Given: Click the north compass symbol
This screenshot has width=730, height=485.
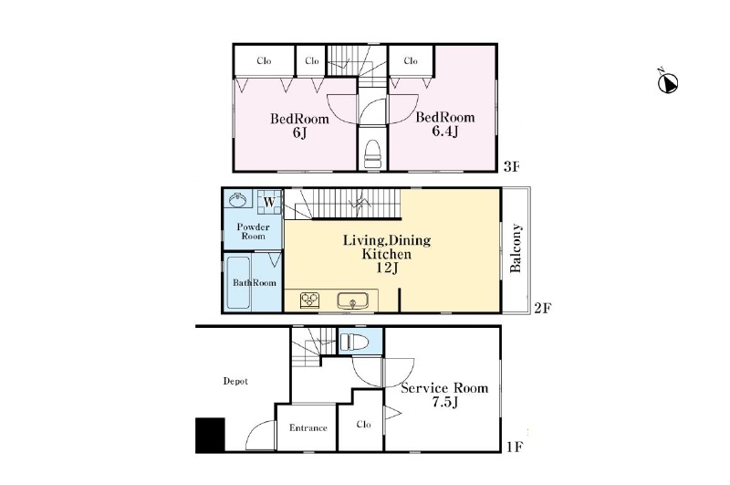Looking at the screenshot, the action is coord(668,83).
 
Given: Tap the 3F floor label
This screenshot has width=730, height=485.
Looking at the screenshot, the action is coord(511,166).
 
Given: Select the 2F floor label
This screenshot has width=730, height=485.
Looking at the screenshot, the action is coord(543,308).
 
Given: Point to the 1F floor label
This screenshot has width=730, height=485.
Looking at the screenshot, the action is coord(515,448).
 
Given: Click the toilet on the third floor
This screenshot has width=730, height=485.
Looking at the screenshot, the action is coord(372,153).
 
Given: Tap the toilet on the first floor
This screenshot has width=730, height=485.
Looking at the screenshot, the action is coord(354,343).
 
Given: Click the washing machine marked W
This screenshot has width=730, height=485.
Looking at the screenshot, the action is coord(269,202).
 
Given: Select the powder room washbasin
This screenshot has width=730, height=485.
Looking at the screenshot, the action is coord(238,200).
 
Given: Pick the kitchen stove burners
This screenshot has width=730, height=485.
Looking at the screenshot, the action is coord(309,300).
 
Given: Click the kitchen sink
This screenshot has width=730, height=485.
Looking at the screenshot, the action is coord(352,301).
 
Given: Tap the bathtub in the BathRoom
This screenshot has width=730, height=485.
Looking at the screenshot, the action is coord(238,282).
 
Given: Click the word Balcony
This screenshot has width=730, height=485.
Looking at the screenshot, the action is coord(516,248).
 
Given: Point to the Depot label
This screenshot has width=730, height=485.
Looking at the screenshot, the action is coord(235,381).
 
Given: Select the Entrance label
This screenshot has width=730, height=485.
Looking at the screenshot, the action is coord(308,427).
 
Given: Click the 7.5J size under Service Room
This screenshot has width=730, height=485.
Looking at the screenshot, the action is coord(445,402).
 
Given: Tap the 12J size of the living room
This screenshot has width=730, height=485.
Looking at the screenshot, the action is coord(387,268).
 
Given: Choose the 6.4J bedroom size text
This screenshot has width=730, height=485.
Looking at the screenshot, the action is coord(445,132).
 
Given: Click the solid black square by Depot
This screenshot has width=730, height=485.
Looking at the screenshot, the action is coord(210,435).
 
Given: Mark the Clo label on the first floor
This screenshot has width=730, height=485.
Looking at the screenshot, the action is coord(363,424).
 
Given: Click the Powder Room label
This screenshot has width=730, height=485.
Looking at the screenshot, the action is coord(254,231).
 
